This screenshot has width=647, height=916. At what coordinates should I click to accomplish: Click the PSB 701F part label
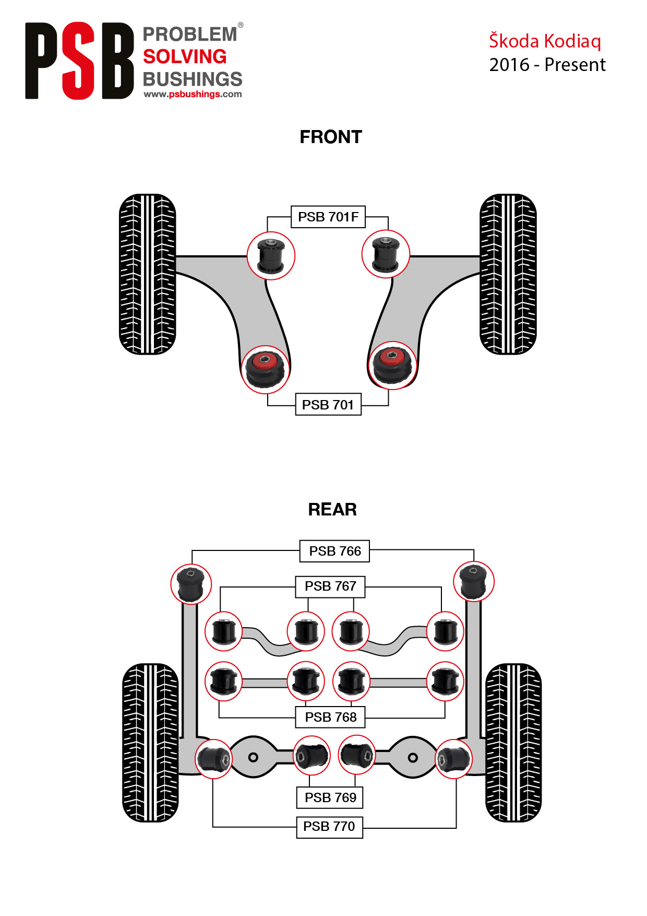[328, 217]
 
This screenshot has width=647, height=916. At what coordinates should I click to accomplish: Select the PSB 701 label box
[328, 405]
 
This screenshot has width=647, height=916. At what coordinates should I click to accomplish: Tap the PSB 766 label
[334, 551]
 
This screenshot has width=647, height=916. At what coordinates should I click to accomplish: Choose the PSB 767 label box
[330, 586]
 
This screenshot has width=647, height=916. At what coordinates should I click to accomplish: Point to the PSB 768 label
[330, 717]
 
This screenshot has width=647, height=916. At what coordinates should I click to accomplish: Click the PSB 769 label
[330, 797]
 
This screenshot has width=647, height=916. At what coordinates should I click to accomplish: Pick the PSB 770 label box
[329, 827]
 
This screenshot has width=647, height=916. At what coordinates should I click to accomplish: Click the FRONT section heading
[331, 137]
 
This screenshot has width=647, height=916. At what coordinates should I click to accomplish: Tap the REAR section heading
[332, 509]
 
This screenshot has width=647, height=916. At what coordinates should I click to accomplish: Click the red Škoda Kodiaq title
[545, 41]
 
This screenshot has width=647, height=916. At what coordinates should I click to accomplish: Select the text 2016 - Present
[547, 65]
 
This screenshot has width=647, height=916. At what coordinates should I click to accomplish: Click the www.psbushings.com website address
[193, 95]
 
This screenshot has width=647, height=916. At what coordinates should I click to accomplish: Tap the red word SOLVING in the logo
[185, 56]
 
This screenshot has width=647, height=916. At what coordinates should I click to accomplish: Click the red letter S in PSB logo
[79, 61]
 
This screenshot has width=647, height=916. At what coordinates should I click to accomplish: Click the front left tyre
[148, 274]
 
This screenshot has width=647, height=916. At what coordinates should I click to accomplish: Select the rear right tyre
[513, 743]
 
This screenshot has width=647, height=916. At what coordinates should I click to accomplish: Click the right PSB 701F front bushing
[386, 254]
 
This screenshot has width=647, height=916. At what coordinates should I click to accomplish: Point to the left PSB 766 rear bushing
[191, 584]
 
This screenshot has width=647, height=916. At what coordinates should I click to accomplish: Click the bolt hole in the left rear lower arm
[253, 757]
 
